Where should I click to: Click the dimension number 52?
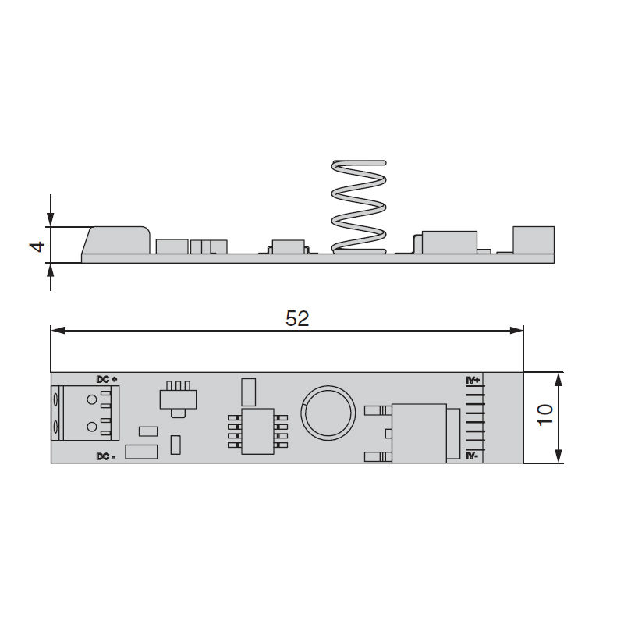[297, 318]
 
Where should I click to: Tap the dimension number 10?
[545, 415]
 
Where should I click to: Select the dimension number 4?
[37, 246]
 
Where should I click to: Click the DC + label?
[107, 379]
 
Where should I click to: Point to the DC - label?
[106, 456]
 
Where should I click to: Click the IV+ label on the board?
[473, 381]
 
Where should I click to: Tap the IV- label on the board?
[473, 456]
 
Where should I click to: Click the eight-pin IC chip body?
[258, 431]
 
